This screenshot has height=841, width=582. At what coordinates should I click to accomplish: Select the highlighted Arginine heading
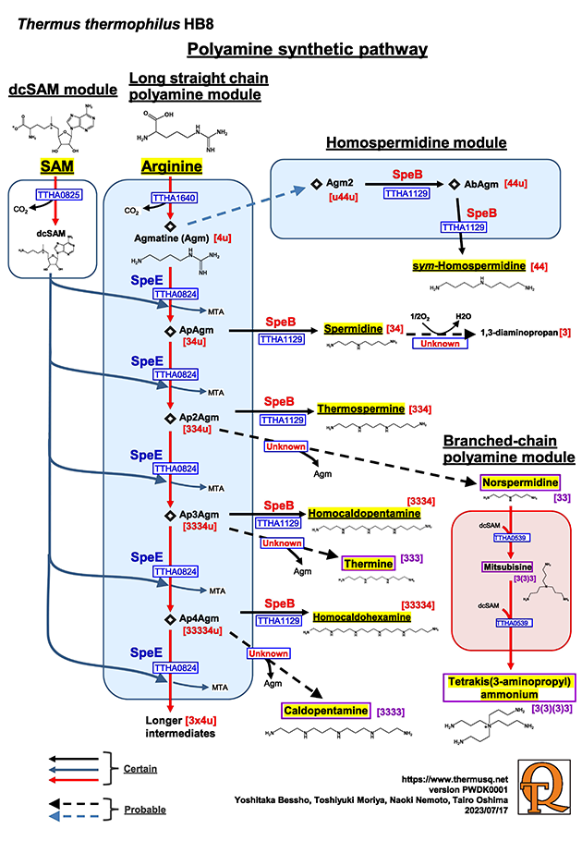[x=171, y=166]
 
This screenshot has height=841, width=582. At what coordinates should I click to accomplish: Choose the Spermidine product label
[x=356, y=329]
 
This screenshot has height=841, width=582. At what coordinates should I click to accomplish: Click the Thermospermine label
[x=360, y=408]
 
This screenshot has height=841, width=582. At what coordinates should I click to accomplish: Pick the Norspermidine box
[x=520, y=482]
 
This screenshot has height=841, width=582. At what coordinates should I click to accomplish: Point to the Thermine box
[x=368, y=563]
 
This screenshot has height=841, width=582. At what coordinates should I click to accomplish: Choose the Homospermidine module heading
[x=417, y=142]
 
